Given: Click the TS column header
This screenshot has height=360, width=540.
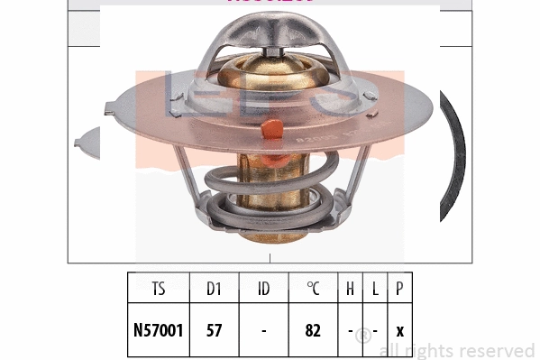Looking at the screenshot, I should tap(159, 290).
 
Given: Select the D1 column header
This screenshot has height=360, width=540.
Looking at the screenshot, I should tap(214, 290).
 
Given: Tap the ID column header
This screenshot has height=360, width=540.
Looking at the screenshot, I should tap(263, 290).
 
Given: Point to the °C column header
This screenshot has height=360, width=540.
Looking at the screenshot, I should tap(313, 290).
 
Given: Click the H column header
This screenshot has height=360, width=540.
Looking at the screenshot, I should tap(351, 290).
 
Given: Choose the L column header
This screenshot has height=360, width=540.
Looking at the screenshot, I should tap(374, 290).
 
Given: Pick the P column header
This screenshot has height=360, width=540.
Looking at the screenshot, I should tap(398, 290).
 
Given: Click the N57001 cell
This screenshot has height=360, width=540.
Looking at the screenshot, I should tap(159, 330).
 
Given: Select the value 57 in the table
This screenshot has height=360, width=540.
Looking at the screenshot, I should tap(214, 330).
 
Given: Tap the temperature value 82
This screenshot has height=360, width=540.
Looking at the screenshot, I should tap(313, 330).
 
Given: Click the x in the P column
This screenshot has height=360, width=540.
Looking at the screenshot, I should tap(398, 330).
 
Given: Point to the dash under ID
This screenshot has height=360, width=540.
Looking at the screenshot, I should tap(263, 330).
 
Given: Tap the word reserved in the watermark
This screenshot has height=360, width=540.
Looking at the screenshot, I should tap(501, 350).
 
